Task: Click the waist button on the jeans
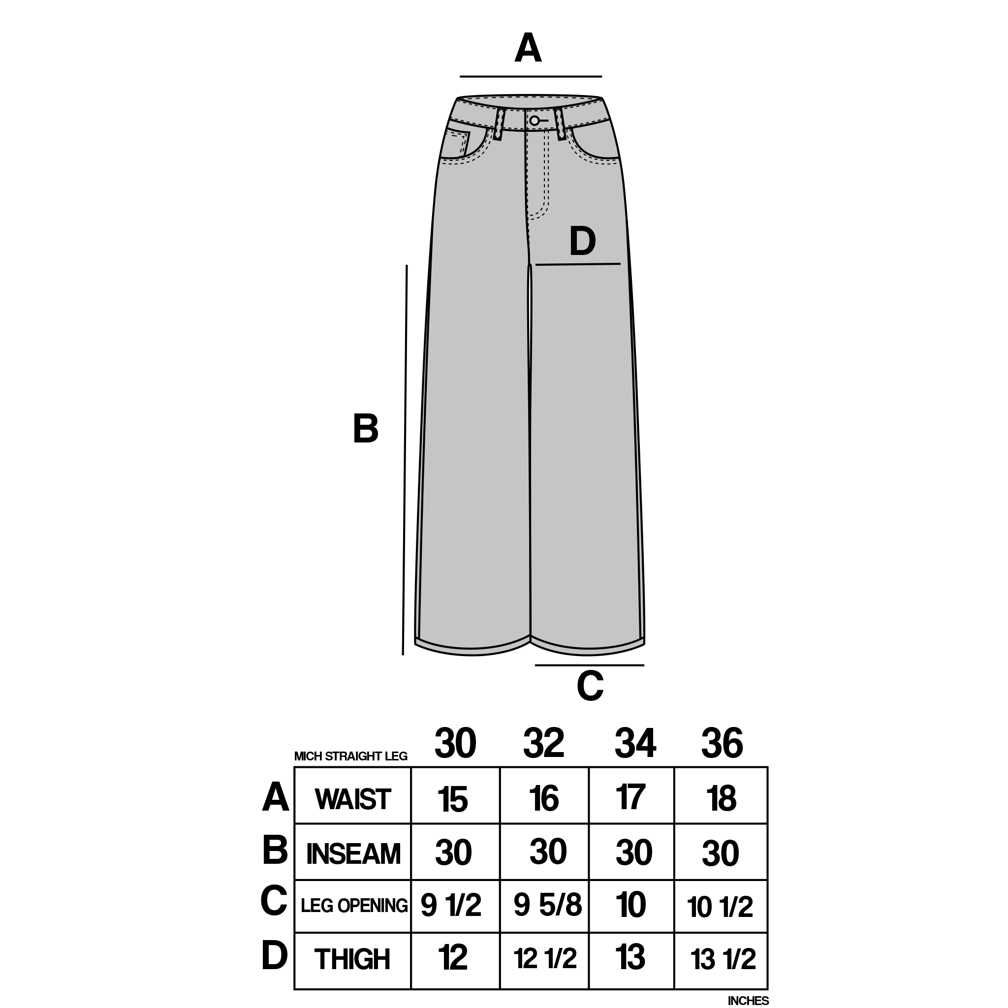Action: [534, 121]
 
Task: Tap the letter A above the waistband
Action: [528, 48]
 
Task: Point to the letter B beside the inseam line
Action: [365, 429]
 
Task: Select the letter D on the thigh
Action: [582, 242]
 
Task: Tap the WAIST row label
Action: [353, 799]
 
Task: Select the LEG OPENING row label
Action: [354, 905]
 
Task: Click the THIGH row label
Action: [352, 959]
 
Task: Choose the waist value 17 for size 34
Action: [631, 797]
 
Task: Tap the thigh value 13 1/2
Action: [723, 959]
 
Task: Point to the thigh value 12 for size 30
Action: [453, 957]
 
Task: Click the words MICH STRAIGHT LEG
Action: [350, 756]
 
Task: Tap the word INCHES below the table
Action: [748, 1001]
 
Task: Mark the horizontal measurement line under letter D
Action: [578, 264]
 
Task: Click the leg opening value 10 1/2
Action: [720, 907]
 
